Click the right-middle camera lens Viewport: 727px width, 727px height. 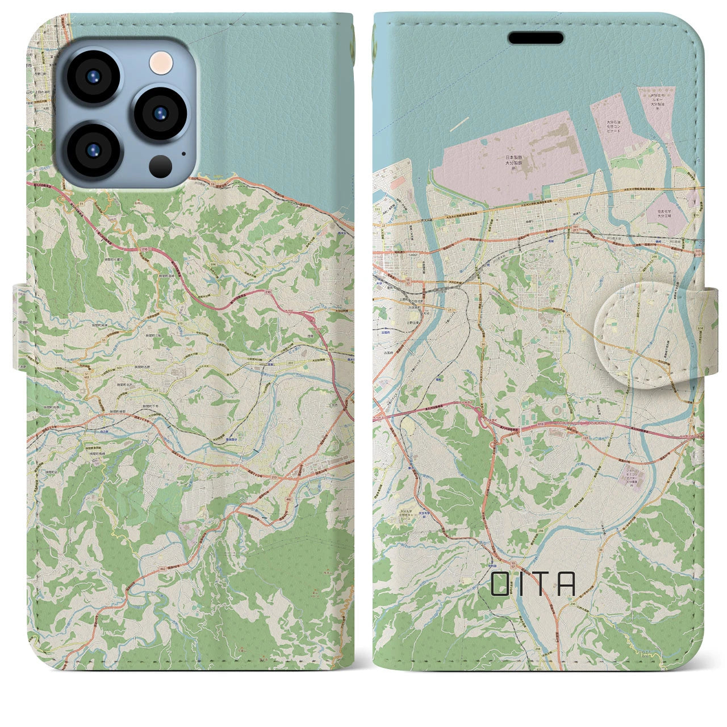click(160, 112)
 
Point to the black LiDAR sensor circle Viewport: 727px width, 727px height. click(161, 166)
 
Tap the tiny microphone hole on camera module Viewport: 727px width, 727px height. click(183, 153)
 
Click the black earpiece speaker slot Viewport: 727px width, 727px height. click(535, 38)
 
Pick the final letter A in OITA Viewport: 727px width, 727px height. click(566, 583)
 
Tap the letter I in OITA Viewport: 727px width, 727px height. click(521, 583)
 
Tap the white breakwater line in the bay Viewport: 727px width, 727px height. click(459, 122)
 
